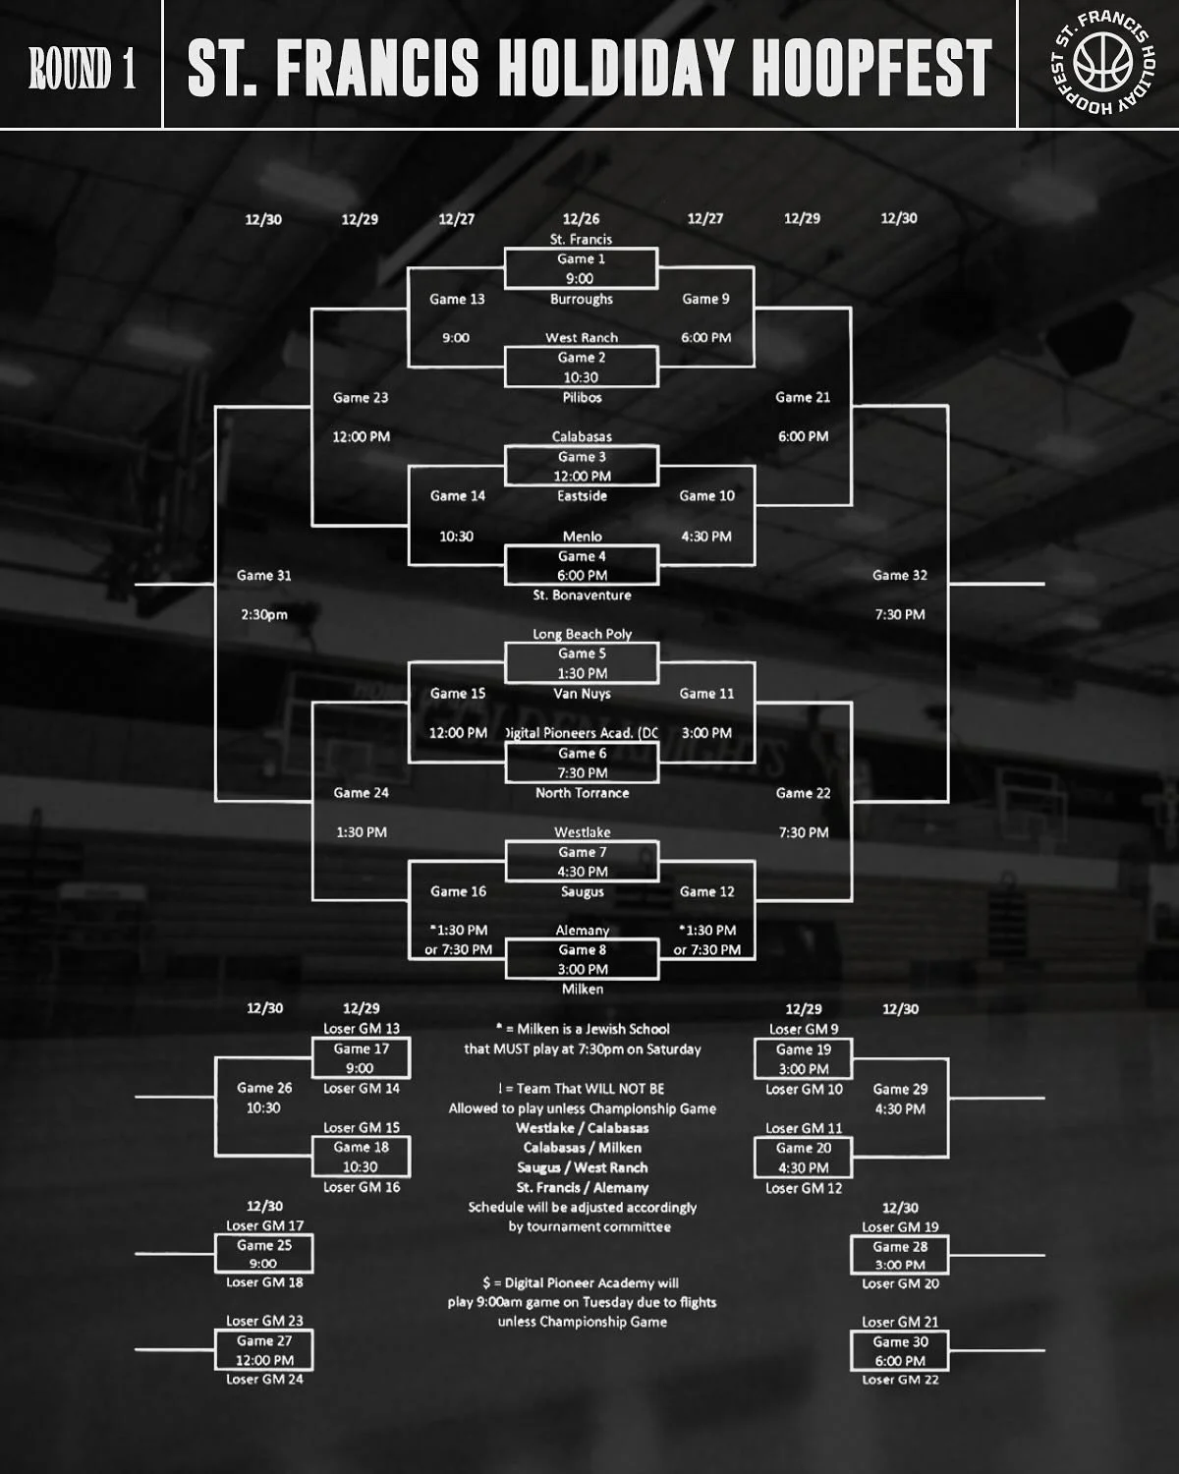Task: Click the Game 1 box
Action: point(581,268)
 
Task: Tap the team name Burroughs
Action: point(582,299)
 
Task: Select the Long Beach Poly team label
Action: point(582,634)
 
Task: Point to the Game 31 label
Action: point(263,576)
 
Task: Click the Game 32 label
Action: point(899,576)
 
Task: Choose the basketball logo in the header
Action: point(1102,63)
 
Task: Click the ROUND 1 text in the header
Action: point(82,67)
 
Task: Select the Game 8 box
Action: point(582,959)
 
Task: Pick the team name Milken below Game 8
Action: point(583,989)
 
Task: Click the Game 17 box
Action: point(361,1058)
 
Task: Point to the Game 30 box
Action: point(900,1351)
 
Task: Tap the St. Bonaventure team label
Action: point(582,595)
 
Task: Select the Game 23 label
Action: point(361,398)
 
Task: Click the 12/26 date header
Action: point(581,219)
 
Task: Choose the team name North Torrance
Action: point(582,793)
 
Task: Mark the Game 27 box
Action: point(264,1350)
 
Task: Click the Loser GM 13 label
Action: point(362,1029)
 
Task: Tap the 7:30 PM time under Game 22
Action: point(803,832)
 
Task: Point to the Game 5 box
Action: point(582,663)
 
